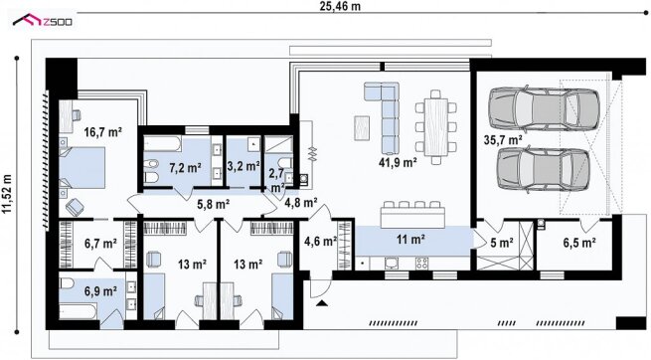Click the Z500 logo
click(43, 20)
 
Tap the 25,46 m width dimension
click(340, 6)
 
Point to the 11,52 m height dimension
click(7, 194)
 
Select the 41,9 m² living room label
click(398, 162)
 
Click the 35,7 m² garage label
click(503, 140)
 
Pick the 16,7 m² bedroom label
click(102, 132)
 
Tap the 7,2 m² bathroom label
click(185, 168)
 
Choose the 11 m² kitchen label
click(410, 239)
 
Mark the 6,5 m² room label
click(579, 243)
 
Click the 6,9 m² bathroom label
click(100, 291)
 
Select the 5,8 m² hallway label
click(214, 204)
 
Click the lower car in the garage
click(543, 169)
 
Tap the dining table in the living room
click(436, 126)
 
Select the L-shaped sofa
click(384, 116)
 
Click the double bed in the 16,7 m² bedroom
click(81, 168)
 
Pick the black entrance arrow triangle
click(322, 303)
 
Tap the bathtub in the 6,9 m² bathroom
click(78, 310)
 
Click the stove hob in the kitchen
click(421, 263)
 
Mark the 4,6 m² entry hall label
click(320, 241)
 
